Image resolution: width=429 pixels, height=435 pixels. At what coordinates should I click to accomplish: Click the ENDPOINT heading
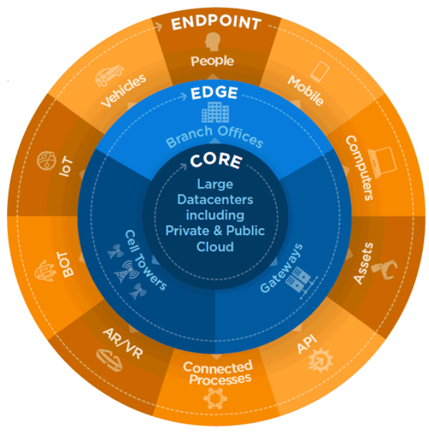215,24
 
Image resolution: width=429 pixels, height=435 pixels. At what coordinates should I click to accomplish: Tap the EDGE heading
215,94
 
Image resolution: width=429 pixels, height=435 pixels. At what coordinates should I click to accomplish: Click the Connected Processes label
218,373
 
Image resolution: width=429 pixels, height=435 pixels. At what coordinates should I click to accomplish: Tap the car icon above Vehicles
109,76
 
